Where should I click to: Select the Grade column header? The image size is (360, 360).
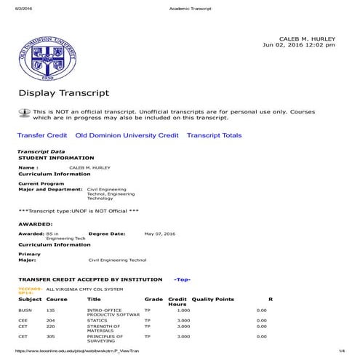(x=153, y=299)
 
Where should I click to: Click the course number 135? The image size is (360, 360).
(x=51, y=310)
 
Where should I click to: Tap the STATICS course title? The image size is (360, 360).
(x=97, y=320)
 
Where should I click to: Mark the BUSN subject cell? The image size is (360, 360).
(x=25, y=310)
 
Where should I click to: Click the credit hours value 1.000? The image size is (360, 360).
(x=183, y=310)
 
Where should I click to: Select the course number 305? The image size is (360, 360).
(x=51, y=337)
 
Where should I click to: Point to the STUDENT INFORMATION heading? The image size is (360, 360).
(x=56, y=158)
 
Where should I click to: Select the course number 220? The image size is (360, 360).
(x=51, y=327)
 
